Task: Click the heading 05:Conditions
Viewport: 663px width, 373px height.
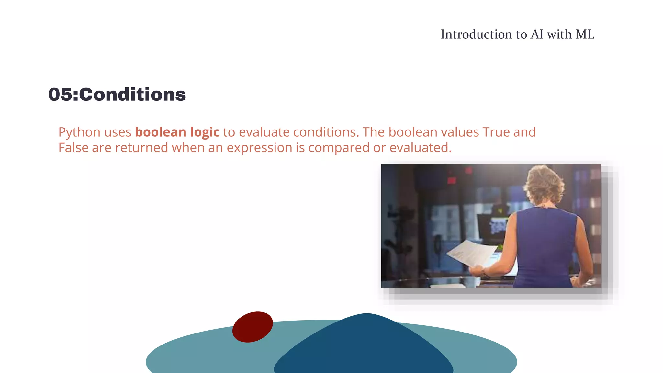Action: click(x=117, y=95)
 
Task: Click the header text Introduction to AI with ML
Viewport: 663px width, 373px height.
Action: click(x=517, y=34)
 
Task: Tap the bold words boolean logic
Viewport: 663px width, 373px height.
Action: click(x=177, y=132)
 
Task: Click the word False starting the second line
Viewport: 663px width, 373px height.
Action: click(x=73, y=148)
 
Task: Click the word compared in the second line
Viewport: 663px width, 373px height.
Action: click(x=339, y=148)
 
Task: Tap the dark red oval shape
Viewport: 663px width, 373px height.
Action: click(x=253, y=327)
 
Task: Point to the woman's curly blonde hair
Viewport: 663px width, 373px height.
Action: click(x=544, y=185)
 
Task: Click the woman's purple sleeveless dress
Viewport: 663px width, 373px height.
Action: click(x=547, y=246)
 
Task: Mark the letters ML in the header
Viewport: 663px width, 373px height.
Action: click(x=585, y=34)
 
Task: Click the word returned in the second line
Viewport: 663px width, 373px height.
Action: click(x=141, y=148)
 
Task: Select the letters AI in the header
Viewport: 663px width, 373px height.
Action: click(x=537, y=34)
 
